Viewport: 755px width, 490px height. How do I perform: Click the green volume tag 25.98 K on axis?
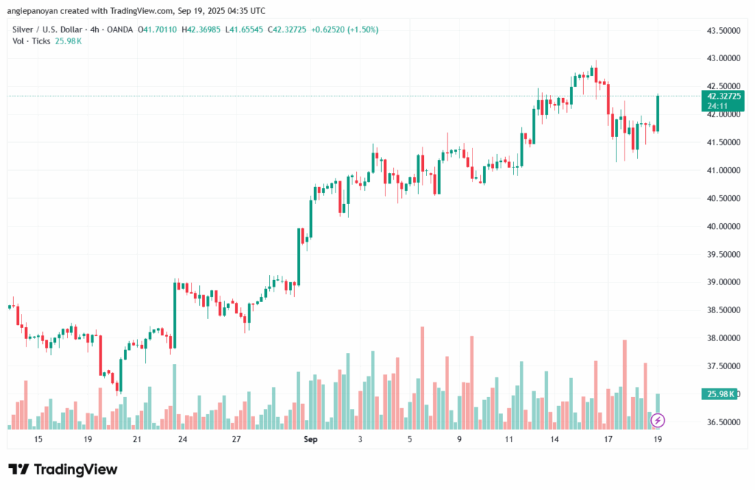pyautogui.click(x=720, y=394)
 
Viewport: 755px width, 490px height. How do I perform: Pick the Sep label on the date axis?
pyautogui.click(x=311, y=439)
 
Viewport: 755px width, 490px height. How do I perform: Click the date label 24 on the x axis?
pyautogui.click(x=182, y=439)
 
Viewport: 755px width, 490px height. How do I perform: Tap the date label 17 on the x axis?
pyautogui.click(x=608, y=439)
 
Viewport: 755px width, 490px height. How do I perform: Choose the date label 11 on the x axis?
pyautogui.click(x=509, y=439)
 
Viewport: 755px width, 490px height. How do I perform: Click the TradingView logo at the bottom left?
pyautogui.click(x=63, y=469)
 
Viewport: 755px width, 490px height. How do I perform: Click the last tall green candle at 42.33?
pyautogui.click(x=657, y=113)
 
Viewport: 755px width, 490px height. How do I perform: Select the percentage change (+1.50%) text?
pyautogui.click(x=363, y=29)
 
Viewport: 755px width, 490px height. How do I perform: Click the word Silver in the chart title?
pyautogui.click(x=25, y=29)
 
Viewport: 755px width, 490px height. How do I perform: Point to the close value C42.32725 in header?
pyautogui.click(x=290, y=29)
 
